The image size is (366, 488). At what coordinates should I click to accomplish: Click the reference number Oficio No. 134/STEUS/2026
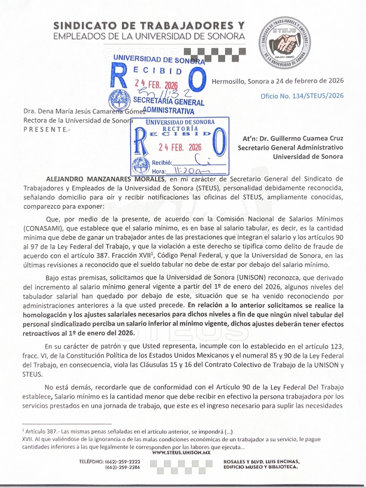point(302,96)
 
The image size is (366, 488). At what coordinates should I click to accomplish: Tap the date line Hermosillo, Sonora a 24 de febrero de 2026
point(278,80)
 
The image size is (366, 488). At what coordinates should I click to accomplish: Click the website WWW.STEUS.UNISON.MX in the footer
point(181,453)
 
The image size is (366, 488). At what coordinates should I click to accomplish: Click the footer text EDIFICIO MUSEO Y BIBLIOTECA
point(260,467)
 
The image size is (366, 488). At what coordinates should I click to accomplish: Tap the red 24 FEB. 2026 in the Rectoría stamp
point(176,147)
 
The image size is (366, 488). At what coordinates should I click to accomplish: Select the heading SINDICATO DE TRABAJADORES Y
point(150,25)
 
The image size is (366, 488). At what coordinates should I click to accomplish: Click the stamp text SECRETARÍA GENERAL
point(169,102)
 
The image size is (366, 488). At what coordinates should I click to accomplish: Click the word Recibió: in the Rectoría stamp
point(162,163)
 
